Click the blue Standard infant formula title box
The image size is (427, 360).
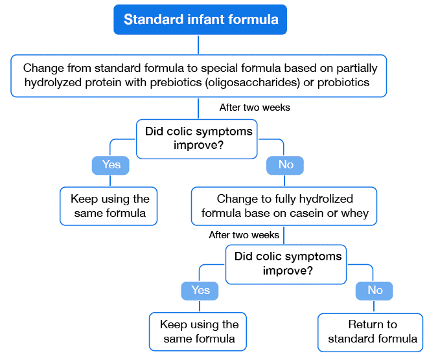(x=201, y=19)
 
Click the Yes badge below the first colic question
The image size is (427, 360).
(x=111, y=165)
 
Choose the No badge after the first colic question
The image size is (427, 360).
(x=286, y=165)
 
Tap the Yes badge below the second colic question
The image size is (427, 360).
(x=200, y=291)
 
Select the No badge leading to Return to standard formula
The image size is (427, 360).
(x=375, y=291)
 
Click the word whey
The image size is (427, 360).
(x=356, y=213)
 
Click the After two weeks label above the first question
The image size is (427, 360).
(x=255, y=107)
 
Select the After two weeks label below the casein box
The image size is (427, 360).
(x=244, y=235)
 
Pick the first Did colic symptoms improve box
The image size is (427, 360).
(x=198, y=138)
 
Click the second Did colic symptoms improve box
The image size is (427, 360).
(x=288, y=264)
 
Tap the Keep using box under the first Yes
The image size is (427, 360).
(x=109, y=206)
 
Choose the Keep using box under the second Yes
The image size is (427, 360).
(x=198, y=332)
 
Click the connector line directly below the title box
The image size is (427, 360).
(x=198, y=44)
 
